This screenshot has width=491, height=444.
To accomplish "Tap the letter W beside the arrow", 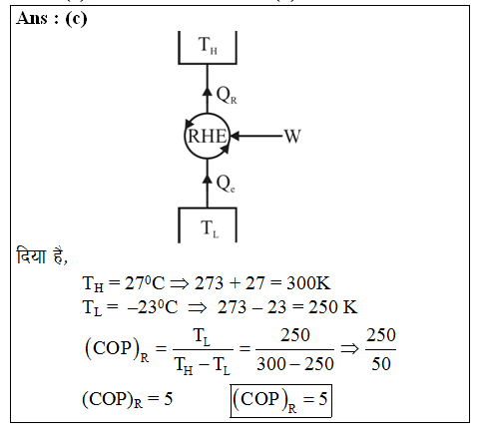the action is tap(292, 137).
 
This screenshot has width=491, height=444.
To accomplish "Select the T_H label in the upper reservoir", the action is tap(208, 45).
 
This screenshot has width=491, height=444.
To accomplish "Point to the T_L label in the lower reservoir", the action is tap(210, 228).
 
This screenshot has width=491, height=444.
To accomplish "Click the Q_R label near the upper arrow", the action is tap(227, 95).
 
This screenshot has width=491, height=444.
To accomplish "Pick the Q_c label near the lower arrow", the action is tap(226, 184).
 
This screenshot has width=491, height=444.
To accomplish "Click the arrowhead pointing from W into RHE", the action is tap(235, 136).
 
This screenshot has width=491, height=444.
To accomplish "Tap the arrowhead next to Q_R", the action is tap(208, 92).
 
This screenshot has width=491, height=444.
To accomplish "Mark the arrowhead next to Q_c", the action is tap(208, 179).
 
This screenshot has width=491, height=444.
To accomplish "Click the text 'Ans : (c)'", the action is tap(52, 18).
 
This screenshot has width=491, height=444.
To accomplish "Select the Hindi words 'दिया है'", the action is tap(42, 256).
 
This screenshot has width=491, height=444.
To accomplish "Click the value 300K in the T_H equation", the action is tap(308, 283).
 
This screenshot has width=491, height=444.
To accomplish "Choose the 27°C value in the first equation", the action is tap(145, 283).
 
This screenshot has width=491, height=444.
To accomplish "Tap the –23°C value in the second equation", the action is tap(153, 307).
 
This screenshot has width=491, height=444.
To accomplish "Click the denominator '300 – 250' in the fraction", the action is tap(295, 364).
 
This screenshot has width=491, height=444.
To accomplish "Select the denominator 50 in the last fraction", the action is tap(381, 364).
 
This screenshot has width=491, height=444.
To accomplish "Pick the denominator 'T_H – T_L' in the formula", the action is tap(203, 365).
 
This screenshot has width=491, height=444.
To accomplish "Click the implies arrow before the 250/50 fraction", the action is tap(349, 348).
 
